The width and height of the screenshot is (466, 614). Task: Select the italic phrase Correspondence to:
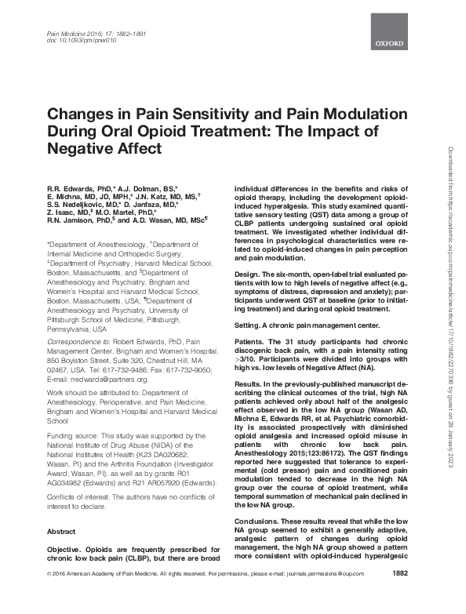click(x=78, y=342)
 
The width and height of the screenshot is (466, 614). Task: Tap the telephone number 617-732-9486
click(x=120, y=370)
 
